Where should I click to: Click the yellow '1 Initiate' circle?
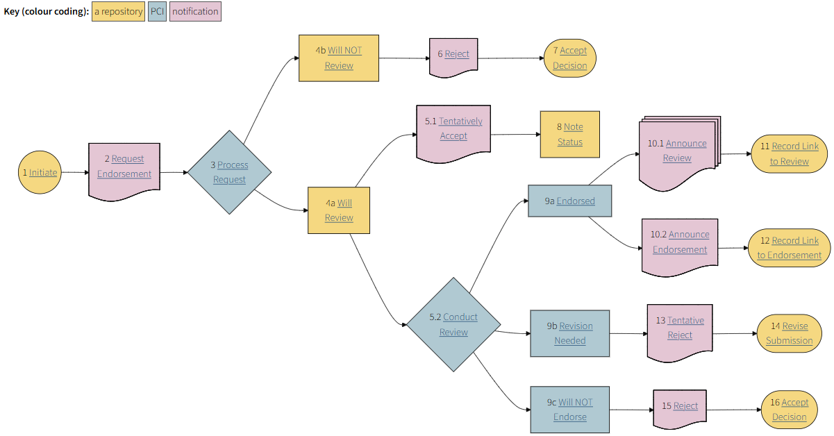pos(40,172)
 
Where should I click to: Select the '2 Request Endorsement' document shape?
pos(124,167)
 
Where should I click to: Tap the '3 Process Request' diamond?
pos(229,172)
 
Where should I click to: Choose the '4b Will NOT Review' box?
pos(339,58)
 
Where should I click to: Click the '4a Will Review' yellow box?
pos(339,210)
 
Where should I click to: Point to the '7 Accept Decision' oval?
pos(570,58)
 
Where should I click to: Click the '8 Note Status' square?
pos(570,135)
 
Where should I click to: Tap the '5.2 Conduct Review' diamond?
pos(453,324)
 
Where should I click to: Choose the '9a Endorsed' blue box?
pos(570,201)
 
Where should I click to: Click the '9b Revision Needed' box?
pos(570,333)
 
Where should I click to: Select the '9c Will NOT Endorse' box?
pos(570,410)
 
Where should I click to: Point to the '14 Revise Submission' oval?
pos(790,333)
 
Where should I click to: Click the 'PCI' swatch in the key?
pos(158,12)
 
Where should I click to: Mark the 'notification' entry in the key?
pos(195,12)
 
